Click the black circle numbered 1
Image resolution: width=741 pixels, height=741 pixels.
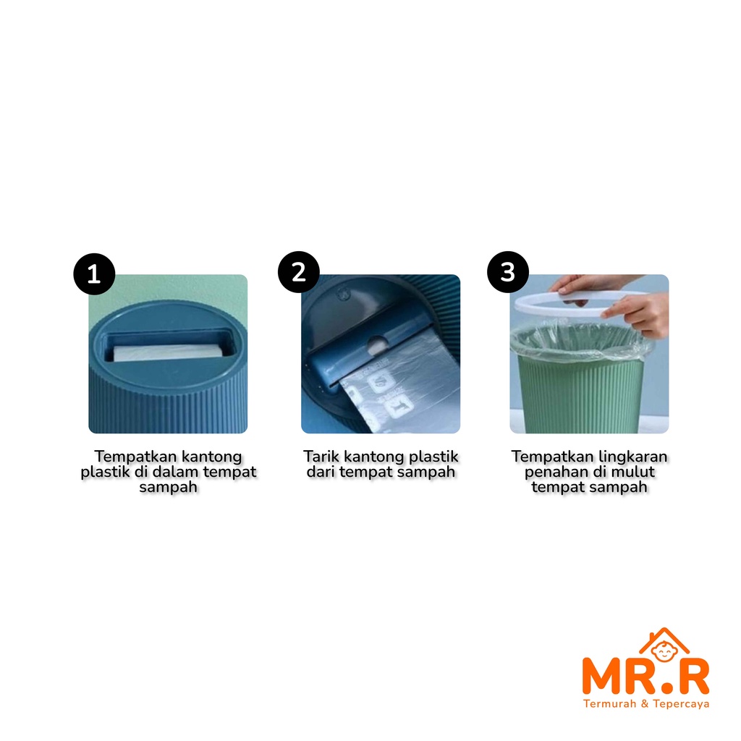[x=94, y=274]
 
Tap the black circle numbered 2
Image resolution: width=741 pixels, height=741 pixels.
[x=299, y=272]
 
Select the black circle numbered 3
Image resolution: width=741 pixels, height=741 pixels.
[x=508, y=272]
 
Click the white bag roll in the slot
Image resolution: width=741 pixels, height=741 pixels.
[x=168, y=352]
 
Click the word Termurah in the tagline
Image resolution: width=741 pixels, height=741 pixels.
[x=610, y=703]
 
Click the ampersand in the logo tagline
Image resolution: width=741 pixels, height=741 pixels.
[x=645, y=703]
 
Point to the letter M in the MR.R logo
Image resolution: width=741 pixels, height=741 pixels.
[x=603, y=677]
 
